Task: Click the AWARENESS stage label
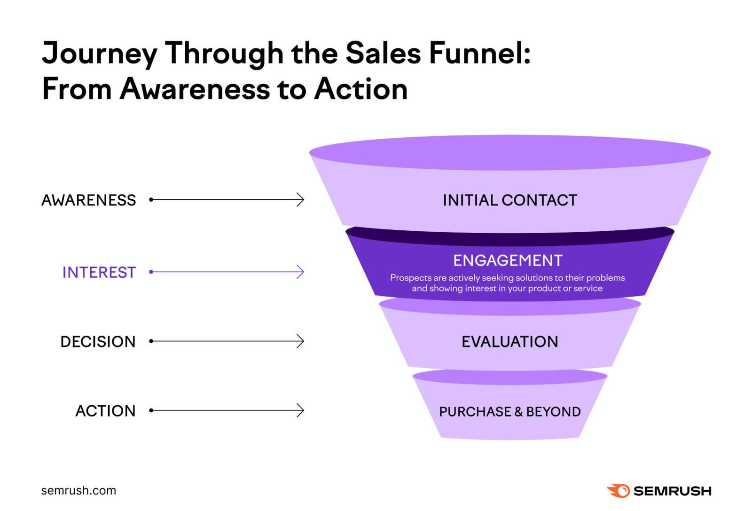pos(88,200)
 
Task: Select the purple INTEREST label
pos(99,273)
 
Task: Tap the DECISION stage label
pos(98,342)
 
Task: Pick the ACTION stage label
pos(105,411)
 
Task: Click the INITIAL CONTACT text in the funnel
pos(509,200)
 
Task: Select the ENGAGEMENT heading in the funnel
pos(508,260)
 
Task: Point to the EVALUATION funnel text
pos(509,342)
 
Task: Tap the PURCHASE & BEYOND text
pos(509,412)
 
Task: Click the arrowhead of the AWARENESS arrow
pos(301,200)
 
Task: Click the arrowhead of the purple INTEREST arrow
pos(301,272)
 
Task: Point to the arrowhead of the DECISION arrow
pos(301,341)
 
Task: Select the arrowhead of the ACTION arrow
pos(301,410)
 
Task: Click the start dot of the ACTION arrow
pos(151,410)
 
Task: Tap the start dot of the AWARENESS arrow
pos(151,200)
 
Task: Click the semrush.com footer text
pos(78,490)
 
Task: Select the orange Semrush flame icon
pos(619,491)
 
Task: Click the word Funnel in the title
pos(479,53)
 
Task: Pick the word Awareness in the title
pos(195,88)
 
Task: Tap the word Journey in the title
pos(99,54)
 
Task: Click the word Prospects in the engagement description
pos(411,278)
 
